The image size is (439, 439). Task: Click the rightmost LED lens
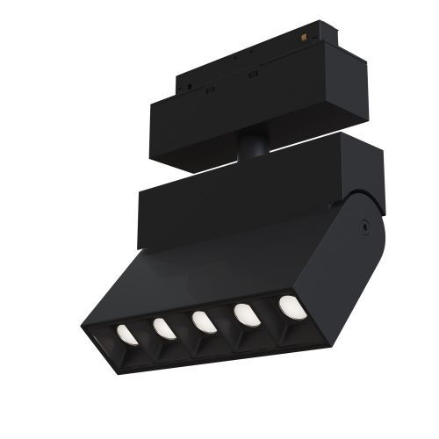(x=289, y=306)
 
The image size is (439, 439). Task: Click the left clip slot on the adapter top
(x=212, y=89)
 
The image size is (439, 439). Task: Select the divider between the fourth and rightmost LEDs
(x=268, y=315)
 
